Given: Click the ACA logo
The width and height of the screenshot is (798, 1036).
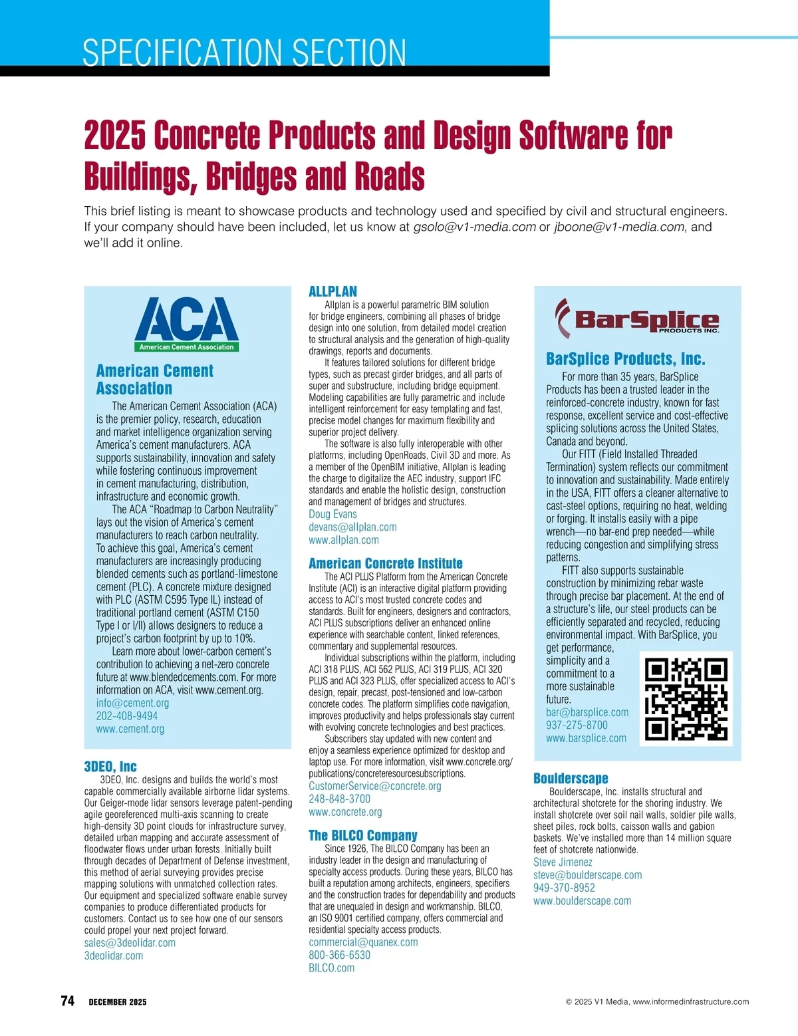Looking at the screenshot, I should [x=187, y=324].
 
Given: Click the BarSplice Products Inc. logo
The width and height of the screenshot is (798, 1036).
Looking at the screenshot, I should [x=637, y=318].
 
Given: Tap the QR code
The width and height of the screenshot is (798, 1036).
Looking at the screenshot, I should [x=686, y=699].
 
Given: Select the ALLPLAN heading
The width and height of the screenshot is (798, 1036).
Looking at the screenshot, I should [x=332, y=291].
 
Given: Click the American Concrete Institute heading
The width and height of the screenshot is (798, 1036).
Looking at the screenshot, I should [x=386, y=563].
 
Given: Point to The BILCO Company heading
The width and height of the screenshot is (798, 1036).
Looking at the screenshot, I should [x=363, y=835].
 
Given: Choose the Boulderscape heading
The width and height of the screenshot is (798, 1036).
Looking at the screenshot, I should [x=571, y=778].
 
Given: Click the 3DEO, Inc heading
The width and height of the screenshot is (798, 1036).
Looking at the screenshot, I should [x=110, y=767].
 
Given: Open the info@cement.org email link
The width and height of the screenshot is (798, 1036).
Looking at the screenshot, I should [x=132, y=703].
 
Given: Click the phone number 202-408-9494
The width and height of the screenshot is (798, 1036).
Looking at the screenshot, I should [x=127, y=716].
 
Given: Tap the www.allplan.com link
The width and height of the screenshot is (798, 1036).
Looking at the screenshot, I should [x=344, y=540].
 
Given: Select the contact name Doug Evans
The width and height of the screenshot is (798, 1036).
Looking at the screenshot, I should [x=332, y=514].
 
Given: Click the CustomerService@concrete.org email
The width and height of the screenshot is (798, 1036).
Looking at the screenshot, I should [x=375, y=786].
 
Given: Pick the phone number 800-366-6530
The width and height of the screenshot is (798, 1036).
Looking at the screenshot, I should [x=340, y=955].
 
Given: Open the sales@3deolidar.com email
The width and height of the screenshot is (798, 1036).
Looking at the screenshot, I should [x=130, y=943].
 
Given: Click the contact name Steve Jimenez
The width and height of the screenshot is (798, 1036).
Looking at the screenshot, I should [x=563, y=862].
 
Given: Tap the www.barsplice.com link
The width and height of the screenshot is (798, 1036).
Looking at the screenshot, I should [x=586, y=738].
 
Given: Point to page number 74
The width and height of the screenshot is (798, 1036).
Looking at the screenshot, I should [x=67, y=1001].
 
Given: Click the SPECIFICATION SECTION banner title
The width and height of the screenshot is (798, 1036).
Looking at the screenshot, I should [x=244, y=53].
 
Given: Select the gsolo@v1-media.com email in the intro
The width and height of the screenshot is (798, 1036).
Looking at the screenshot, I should [x=474, y=227].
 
